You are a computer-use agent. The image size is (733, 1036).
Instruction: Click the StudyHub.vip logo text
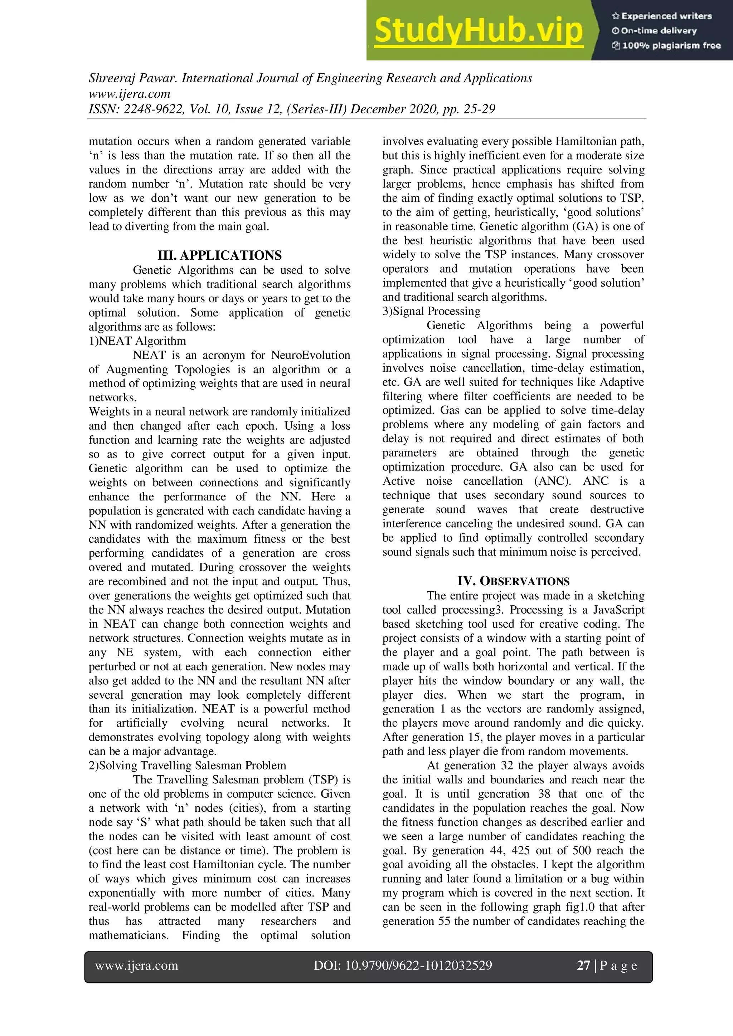479,31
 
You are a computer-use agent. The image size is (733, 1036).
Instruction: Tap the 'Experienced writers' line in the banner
662,16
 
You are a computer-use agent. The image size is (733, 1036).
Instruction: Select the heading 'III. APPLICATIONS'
219,255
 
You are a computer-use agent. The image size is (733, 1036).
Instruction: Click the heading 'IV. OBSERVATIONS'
513,581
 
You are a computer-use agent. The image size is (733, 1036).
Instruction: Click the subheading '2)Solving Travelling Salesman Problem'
187,765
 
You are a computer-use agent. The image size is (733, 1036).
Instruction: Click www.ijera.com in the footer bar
136,965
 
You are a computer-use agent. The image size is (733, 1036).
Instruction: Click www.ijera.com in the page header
130,94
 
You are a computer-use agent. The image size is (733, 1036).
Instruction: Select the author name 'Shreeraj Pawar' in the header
133,78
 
